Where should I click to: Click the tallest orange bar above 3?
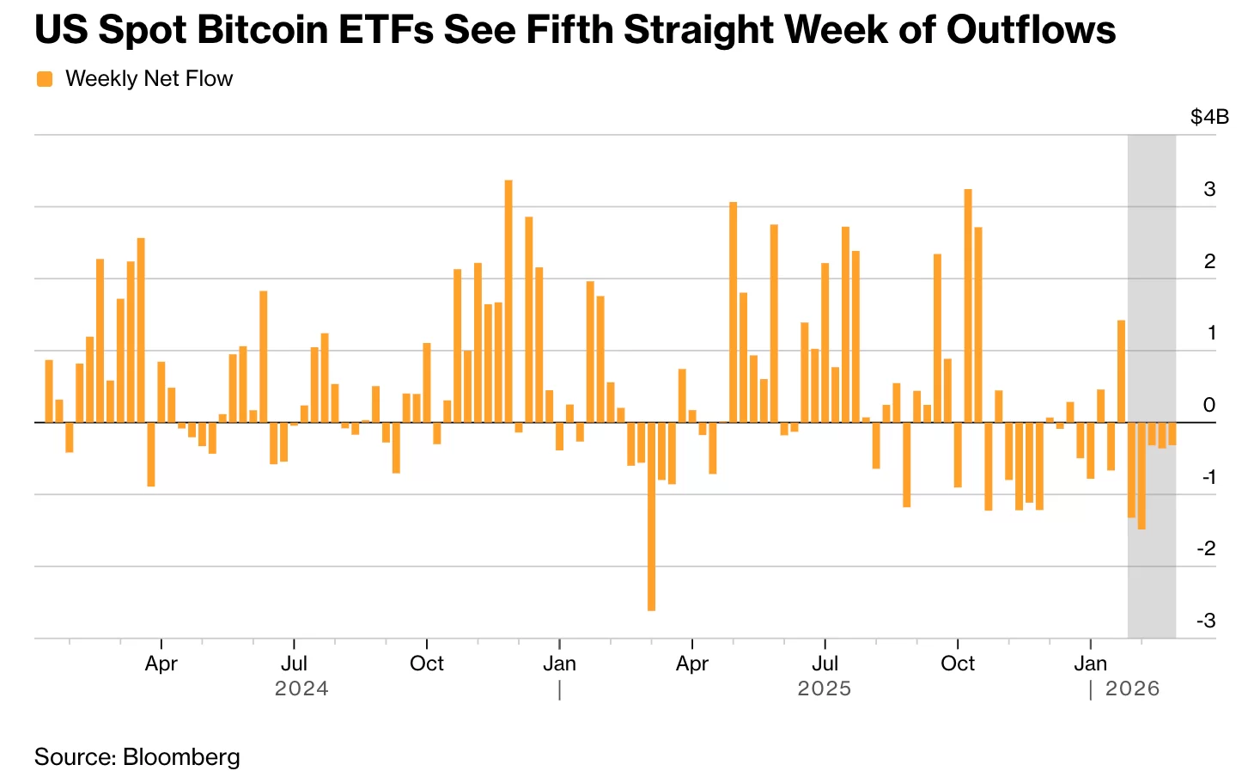click(x=508, y=301)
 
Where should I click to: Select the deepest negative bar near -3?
click(x=651, y=516)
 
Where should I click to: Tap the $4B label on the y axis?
click(x=1209, y=117)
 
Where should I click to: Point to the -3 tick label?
click(x=1206, y=620)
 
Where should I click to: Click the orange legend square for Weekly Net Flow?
click(x=45, y=79)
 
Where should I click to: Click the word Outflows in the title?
click(x=1031, y=30)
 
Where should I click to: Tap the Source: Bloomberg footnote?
click(x=137, y=756)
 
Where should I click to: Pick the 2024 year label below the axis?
click(x=301, y=688)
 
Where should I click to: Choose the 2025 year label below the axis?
click(x=825, y=688)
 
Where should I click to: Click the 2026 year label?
click(x=1132, y=688)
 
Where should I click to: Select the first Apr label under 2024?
click(x=161, y=664)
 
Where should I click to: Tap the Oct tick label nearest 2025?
click(x=958, y=664)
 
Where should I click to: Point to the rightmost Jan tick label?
click(x=1091, y=664)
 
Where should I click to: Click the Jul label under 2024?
click(x=294, y=664)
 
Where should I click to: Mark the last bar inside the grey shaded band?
click(x=1172, y=433)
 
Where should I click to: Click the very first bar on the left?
click(x=49, y=391)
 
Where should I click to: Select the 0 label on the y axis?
click(x=1209, y=405)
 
